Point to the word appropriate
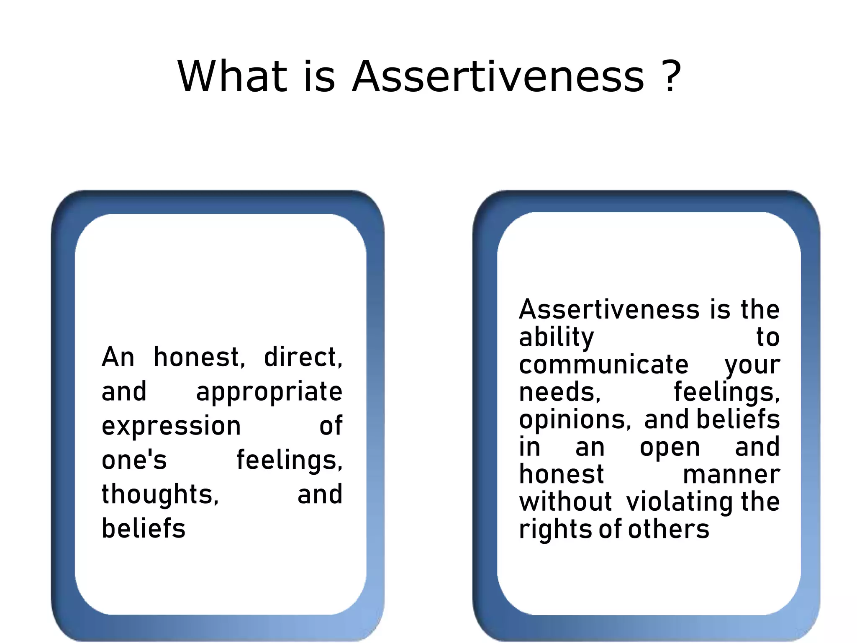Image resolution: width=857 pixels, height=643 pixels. pyautogui.click(x=269, y=392)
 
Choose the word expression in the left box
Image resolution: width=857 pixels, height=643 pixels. pyautogui.click(x=171, y=426)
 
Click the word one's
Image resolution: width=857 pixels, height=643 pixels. pyautogui.click(x=134, y=460)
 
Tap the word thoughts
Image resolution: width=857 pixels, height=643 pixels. pyautogui.click(x=159, y=494)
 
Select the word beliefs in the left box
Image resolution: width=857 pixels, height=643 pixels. pyautogui.click(x=143, y=528)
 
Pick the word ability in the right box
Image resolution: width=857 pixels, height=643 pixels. pyautogui.click(x=556, y=337)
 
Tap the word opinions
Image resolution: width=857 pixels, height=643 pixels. pyautogui.click(x=575, y=420)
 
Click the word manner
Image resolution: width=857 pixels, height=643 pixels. pyautogui.click(x=731, y=475)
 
